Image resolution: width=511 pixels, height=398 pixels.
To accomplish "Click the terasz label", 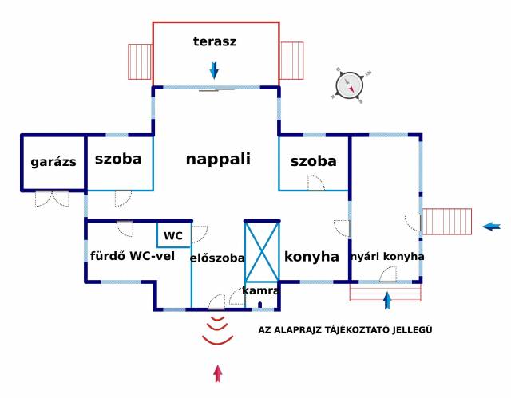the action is (215, 41).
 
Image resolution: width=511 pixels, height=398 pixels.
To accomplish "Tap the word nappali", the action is (218, 160).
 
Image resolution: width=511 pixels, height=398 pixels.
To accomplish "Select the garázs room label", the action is (53, 162).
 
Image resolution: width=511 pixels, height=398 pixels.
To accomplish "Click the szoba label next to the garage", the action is (118, 159).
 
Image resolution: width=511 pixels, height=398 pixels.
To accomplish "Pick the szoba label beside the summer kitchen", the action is (314, 161).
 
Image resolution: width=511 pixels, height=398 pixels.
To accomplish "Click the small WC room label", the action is (173, 235).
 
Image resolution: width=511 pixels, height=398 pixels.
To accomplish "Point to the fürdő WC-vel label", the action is (133, 256).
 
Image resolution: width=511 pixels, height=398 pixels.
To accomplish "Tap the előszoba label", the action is (217, 258).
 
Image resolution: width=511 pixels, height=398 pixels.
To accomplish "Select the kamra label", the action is (261, 290).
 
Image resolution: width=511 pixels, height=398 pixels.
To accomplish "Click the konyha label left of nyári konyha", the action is (311, 257).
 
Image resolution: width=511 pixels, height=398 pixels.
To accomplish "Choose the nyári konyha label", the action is (387, 257).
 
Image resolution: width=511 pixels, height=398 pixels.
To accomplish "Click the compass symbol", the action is (350, 86).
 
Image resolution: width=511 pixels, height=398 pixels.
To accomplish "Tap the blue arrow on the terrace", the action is (214, 70).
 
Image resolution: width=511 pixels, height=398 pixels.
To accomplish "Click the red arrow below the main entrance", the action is (218, 373).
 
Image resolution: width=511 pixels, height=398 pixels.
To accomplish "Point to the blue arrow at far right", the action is (492, 227).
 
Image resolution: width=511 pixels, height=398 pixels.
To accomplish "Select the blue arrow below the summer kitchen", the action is (386, 301).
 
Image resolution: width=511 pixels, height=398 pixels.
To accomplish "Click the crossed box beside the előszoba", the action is (262, 251).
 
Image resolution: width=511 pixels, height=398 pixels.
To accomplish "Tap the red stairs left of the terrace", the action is (140, 62).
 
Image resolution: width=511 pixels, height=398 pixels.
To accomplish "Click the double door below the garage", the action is (52, 199).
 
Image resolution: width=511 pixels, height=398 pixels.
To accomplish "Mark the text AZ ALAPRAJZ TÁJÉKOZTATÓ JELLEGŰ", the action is (345, 329).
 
